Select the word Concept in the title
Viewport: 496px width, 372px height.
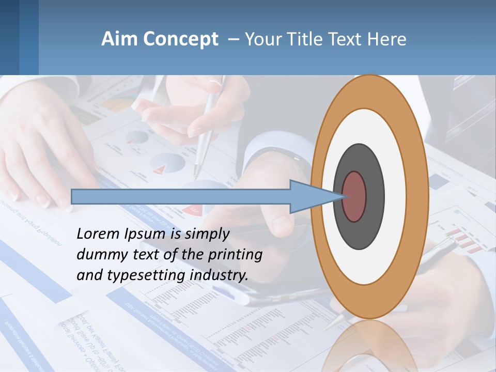(180, 39)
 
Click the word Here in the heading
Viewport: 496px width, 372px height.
(386, 39)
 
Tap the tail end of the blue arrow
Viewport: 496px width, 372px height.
(73, 196)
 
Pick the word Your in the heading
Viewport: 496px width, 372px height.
(261, 39)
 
